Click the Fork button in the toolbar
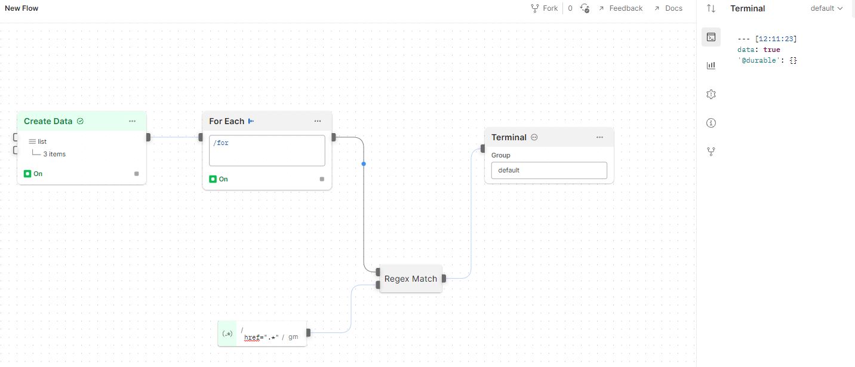(544, 8)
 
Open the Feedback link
(620, 8)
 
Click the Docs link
(668, 8)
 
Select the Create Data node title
(48, 121)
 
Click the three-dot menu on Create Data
(132, 121)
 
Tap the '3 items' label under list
(54, 154)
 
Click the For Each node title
(226, 121)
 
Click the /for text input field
(267, 150)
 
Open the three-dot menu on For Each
(318, 121)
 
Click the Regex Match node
(411, 279)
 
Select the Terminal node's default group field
(549, 170)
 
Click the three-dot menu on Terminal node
(599, 137)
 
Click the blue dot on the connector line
(364, 164)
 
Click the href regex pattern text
(262, 337)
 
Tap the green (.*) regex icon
(227, 334)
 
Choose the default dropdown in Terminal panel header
(826, 8)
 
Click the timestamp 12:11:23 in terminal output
(777, 39)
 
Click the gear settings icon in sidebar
(711, 94)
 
